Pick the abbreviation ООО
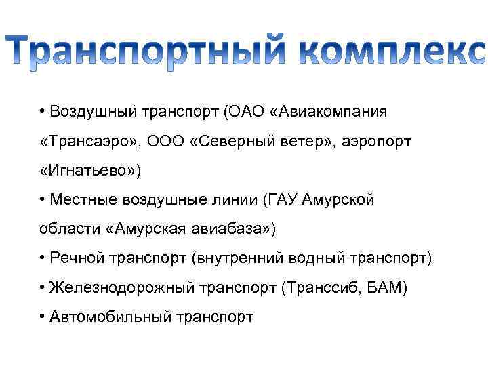[165, 141]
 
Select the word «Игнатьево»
[90, 170]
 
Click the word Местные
[83, 200]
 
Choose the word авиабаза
[238, 229]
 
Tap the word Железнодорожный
[122, 288]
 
